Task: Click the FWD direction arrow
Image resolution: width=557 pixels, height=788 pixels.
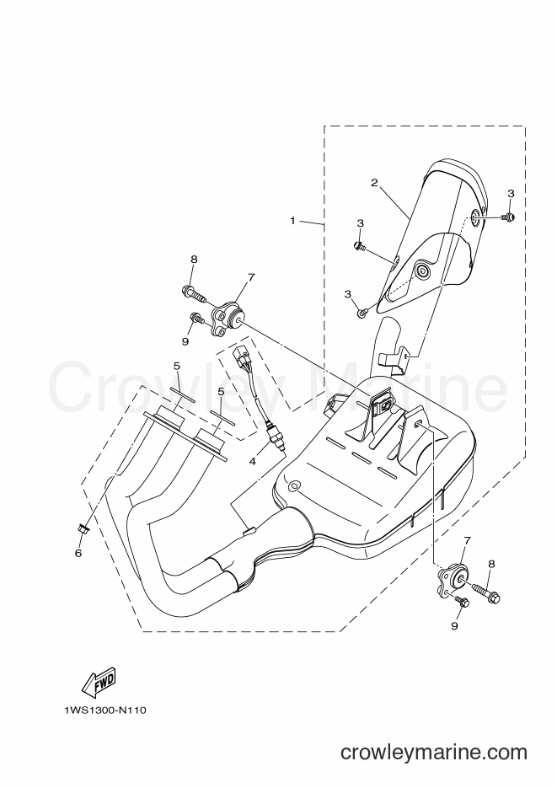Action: point(99,682)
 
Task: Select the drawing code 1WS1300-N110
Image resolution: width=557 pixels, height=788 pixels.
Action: point(105,710)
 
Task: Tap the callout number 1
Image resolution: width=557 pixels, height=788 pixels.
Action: point(292,220)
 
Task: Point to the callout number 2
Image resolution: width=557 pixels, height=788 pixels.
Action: point(374,182)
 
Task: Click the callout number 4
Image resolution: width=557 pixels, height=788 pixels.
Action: point(253,460)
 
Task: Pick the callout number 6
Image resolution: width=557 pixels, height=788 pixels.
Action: point(78,553)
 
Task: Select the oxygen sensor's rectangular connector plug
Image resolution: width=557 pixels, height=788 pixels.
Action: point(239,354)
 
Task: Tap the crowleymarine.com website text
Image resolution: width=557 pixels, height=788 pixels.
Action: point(434,753)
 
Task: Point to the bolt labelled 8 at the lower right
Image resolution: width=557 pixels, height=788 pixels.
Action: point(487,592)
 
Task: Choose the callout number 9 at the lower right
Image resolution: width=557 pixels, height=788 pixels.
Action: point(454,626)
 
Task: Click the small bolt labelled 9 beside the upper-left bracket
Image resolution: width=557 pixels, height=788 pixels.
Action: point(197,318)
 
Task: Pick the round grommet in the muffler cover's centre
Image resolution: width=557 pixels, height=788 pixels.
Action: point(422,271)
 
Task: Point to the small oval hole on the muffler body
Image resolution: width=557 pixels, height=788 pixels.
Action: point(294,486)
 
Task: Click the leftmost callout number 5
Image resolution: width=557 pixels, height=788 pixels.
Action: point(177,366)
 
